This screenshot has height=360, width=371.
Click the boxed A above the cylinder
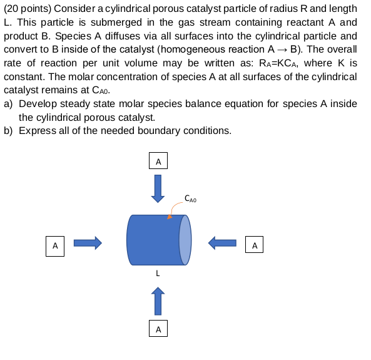point(158,161)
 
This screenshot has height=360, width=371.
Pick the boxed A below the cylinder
point(158,328)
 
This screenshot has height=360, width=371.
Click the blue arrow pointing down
point(158,188)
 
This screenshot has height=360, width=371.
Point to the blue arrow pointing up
point(158,301)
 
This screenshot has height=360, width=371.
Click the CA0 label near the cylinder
point(191,199)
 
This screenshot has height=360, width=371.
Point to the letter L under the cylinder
point(158,274)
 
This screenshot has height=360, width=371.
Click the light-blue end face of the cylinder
point(186,240)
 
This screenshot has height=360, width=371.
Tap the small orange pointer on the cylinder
point(170,217)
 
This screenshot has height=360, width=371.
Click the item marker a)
point(9,103)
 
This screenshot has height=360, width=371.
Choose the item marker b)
point(9,131)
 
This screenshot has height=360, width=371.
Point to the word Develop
point(39,103)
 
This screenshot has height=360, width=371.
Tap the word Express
point(37,131)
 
